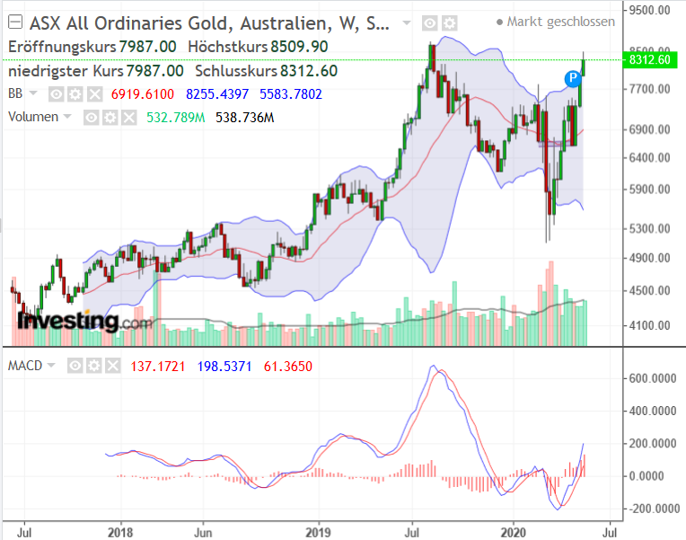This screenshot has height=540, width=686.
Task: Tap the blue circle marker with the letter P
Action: tap(572, 79)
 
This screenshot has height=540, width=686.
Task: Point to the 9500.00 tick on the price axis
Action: tap(651, 11)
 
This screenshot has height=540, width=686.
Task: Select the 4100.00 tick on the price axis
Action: tap(651, 326)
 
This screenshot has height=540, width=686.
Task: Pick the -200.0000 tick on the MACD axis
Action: tap(654, 509)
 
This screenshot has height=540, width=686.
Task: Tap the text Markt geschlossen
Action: tap(560, 22)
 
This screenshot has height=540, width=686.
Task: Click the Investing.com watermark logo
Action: tap(80, 320)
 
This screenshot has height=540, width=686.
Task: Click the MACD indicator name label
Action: tap(26, 366)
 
